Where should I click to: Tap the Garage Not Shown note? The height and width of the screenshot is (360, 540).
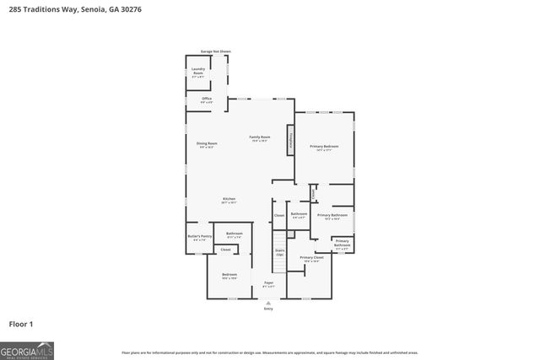[x=214, y=51]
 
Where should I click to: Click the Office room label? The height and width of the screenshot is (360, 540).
[x=207, y=99]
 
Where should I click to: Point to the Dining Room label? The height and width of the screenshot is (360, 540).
[x=207, y=144]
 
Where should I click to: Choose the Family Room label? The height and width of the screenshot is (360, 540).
[x=259, y=138]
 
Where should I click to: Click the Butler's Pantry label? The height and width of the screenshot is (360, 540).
[x=199, y=238]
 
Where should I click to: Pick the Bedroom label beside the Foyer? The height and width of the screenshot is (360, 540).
[x=229, y=276]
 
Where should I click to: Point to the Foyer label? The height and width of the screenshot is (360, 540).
[x=268, y=284]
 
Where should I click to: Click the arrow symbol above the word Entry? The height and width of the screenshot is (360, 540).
[x=268, y=303]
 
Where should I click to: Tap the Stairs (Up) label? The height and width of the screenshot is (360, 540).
[x=279, y=251]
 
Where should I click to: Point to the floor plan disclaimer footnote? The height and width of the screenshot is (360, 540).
[x=269, y=352]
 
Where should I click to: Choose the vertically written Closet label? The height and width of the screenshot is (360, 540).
[x=313, y=193]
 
